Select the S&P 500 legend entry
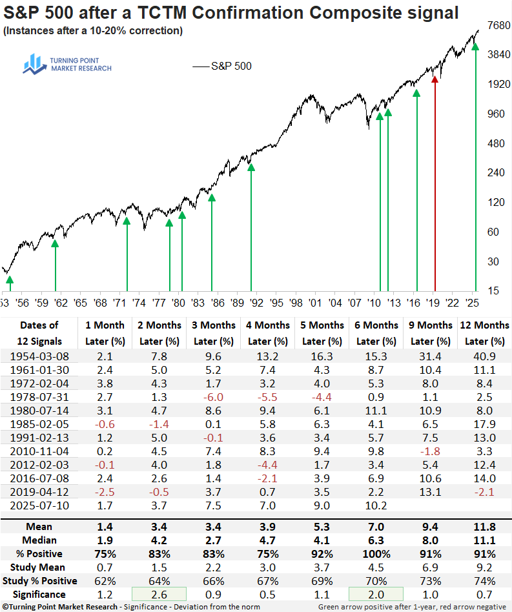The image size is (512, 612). tap(222, 66)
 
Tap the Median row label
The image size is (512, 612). tap(39, 540)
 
